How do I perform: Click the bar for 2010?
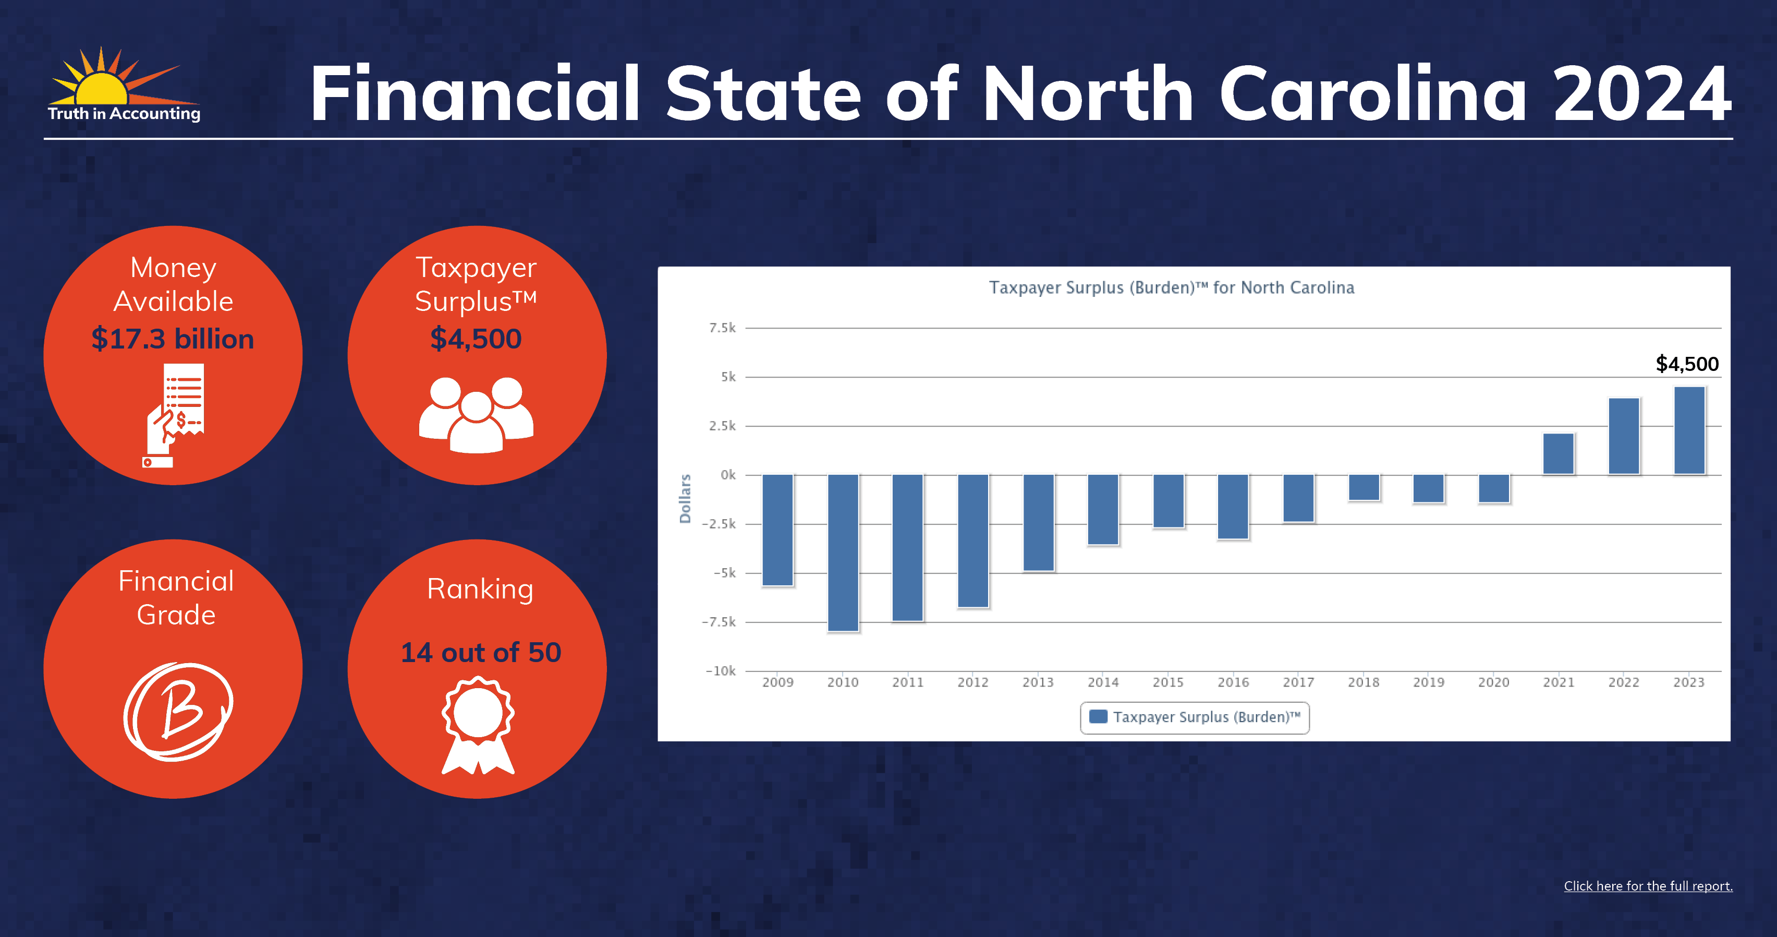pyautogui.click(x=843, y=552)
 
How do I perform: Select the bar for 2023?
pyautogui.click(x=1689, y=430)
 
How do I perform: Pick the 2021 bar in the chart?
pyautogui.click(x=1559, y=454)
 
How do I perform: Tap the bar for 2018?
pyautogui.click(x=1364, y=487)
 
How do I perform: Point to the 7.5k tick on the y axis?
pyautogui.click(x=722, y=328)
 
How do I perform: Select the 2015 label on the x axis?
pyautogui.click(x=1168, y=682)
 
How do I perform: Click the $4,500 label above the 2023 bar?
pyautogui.click(x=1687, y=364)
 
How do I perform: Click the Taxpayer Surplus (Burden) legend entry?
pyautogui.click(x=1195, y=717)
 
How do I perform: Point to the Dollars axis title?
pyautogui.click(x=685, y=498)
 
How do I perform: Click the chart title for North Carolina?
pyautogui.click(x=1171, y=287)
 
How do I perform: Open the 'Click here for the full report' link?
pyautogui.click(x=1648, y=886)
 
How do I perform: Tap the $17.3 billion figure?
pyautogui.click(x=173, y=339)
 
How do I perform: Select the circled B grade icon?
pyautogui.click(x=178, y=712)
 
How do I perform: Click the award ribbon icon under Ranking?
pyautogui.click(x=478, y=725)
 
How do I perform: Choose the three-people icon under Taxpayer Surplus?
pyautogui.click(x=476, y=415)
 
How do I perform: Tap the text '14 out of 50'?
pyautogui.click(x=481, y=652)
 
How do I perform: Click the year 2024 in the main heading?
pyautogui.click(x=1642, y=93)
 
